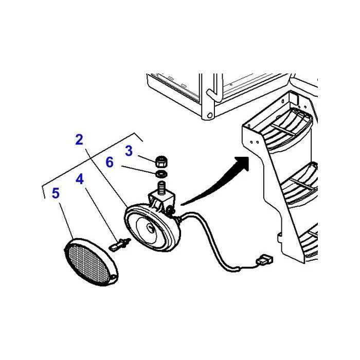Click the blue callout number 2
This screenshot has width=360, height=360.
point(79,139)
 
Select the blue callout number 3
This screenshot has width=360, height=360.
point(129,151)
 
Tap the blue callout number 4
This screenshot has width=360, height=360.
point(80,179)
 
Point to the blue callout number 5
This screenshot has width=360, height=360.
point(56,193)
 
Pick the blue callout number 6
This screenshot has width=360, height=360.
point(110,162)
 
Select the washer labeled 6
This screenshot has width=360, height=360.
point(161,174)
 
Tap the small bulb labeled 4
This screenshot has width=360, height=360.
point(119,244)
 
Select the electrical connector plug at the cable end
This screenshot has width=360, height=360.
point(264,260)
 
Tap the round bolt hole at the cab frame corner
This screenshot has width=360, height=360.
point(210,115)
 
